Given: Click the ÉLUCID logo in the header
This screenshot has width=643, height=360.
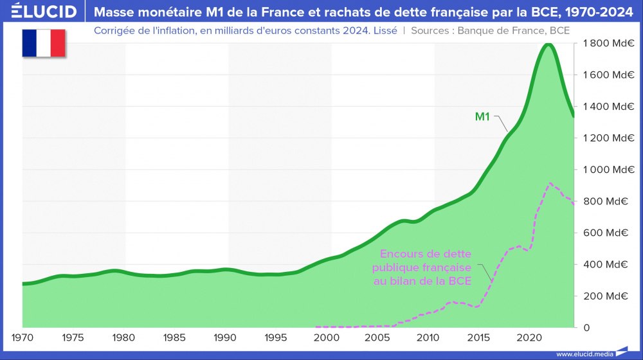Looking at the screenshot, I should (x=44, y=11).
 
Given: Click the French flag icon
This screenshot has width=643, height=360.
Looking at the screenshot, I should (x=44, y=42).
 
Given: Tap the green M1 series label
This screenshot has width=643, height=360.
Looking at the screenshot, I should (x=483, y=116).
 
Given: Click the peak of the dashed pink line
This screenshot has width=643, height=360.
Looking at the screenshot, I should (x=550, y=184).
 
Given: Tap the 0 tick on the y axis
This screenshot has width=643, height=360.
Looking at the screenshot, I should (x=586, y=327).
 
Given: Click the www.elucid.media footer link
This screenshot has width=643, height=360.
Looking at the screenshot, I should (x=584, y=354).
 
